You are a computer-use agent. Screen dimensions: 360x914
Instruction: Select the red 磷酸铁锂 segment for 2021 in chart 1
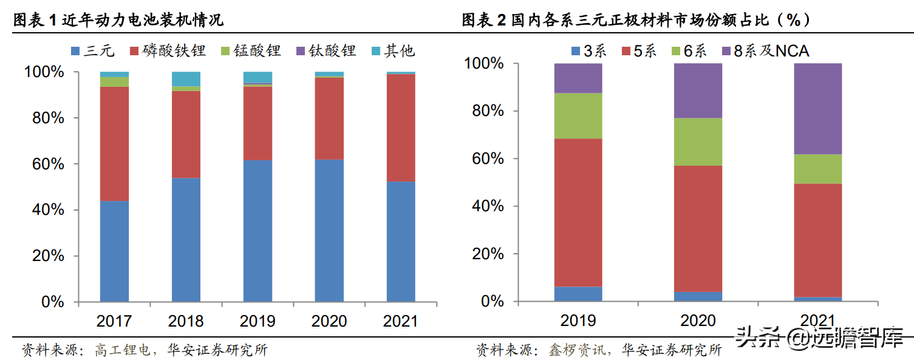(401, 127)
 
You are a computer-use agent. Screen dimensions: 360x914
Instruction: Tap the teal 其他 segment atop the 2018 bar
(186, 79)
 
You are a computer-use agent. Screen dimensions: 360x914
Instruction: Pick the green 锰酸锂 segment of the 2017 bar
(114, 82)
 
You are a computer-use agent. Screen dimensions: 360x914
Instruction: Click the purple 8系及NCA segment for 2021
(818, 109)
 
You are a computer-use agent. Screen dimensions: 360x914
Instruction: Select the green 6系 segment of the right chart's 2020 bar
(698, 141)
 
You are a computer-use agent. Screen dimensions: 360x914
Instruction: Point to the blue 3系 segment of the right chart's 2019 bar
(578, 294)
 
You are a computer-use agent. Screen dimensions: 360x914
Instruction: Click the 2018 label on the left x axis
(186, 321)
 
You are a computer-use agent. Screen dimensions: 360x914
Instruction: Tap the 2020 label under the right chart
(698, 320)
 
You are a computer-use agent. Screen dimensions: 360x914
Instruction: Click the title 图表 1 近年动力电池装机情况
(118, 20)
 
